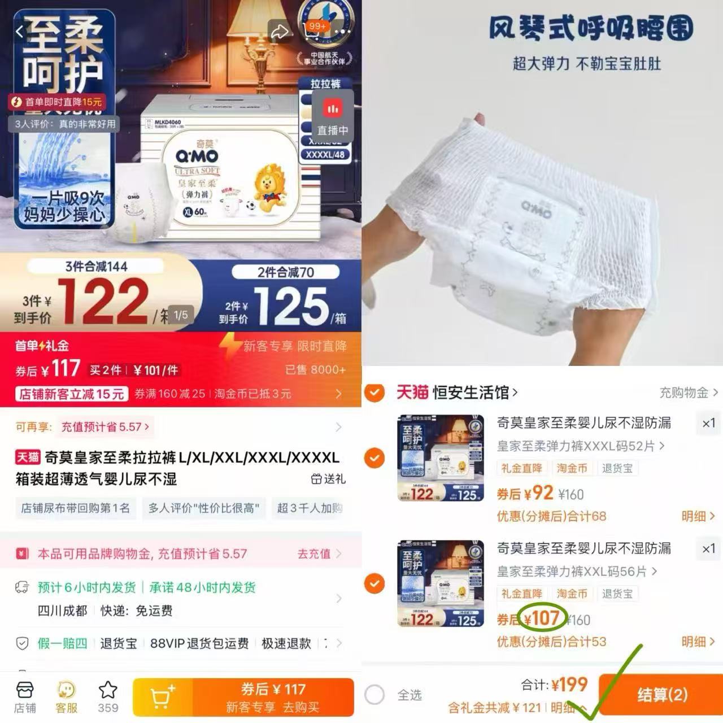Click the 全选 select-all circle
click(x=374, y=695)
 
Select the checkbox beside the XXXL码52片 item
click(x=374, y=458)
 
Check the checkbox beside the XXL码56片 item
click(x=374, y=583)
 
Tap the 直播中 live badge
click(x=332, y=119)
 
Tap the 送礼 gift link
click(x=328, y=479)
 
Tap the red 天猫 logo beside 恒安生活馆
click(x=412, y=392)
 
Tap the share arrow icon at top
click(x=280, y=32)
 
